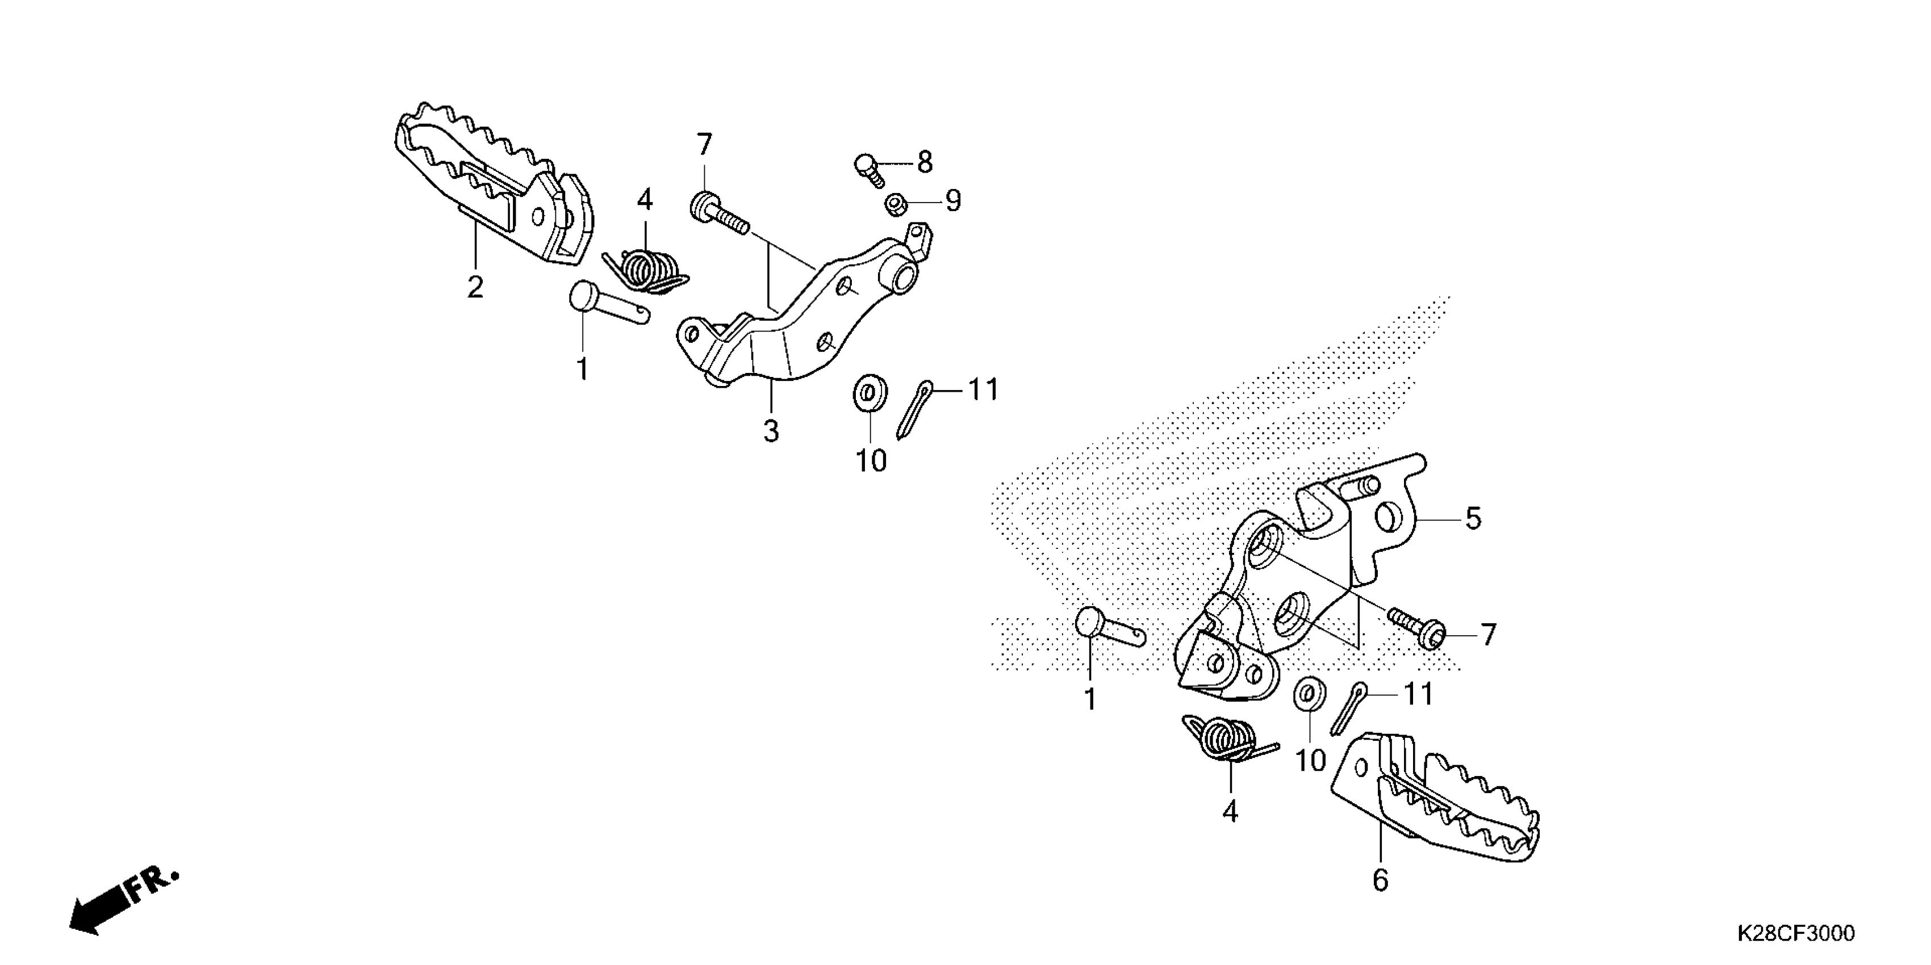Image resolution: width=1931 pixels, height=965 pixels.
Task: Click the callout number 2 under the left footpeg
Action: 474,288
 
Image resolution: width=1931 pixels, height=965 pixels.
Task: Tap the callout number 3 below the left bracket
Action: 771,431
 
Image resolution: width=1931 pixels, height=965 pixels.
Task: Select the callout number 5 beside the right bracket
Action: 1473,518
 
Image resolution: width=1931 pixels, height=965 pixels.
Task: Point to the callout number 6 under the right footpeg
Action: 1380,880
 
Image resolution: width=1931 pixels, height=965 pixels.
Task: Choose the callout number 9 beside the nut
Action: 953,201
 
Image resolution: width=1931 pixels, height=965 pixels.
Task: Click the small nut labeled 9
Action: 893,204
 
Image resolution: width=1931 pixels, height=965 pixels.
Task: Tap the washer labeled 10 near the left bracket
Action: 870,394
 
